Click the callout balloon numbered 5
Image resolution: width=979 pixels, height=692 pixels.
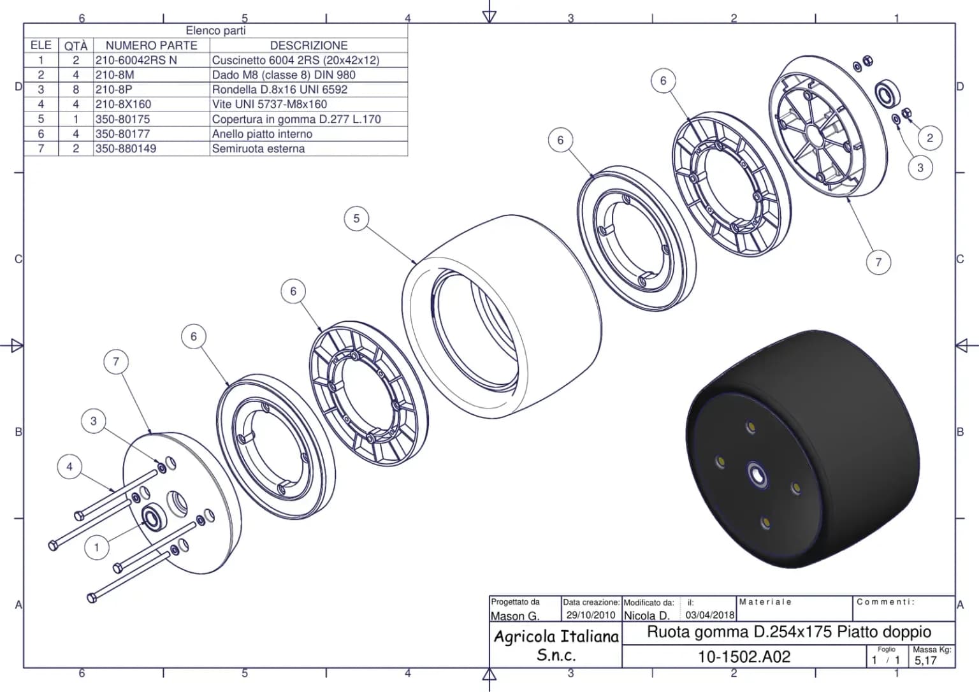point(356,219)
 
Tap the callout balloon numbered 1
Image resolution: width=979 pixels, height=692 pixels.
point(97,547)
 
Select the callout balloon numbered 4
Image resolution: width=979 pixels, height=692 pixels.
point(69,466)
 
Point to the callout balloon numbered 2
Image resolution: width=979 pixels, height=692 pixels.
point(930,138)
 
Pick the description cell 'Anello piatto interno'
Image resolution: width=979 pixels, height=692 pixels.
point(262,134)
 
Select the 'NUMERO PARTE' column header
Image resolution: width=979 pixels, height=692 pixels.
point(151,45)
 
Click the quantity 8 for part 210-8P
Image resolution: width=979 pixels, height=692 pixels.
point(76,90)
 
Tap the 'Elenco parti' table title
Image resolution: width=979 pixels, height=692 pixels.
point(215,31)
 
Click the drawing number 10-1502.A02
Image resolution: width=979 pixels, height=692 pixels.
point(744,656)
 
